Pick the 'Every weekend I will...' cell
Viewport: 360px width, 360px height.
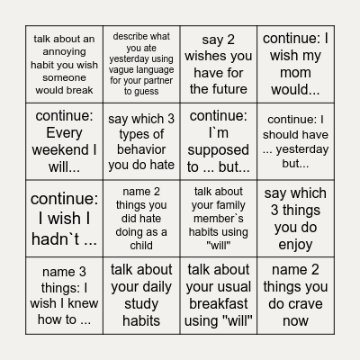64,140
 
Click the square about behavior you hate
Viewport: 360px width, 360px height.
140,140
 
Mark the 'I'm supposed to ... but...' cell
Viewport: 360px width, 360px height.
218,140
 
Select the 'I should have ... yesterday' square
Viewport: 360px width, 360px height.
295,140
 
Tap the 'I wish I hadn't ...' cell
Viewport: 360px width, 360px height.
64,218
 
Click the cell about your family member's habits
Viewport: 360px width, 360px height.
218,218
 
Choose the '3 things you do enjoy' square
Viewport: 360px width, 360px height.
295,218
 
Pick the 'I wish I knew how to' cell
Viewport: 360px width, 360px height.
64,295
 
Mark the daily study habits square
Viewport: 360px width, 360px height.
140,295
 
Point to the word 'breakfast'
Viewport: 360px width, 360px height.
218,304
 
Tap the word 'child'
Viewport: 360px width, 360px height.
140,245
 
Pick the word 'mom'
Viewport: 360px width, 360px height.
295,73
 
